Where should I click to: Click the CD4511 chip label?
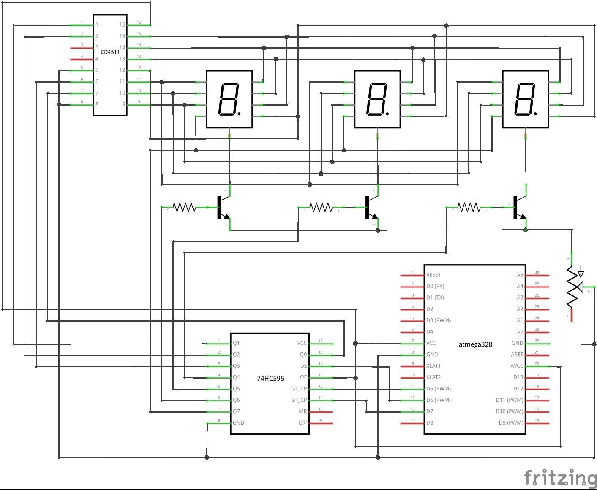point(110,52)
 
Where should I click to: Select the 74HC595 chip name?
point(270,379)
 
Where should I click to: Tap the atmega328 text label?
point(475,344)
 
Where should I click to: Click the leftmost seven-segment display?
point(229,99)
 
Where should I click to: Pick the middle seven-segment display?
point(377,99)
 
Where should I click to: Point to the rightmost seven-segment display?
point(525,99)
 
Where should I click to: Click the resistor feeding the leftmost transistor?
point(185,208)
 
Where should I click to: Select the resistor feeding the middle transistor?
point(321,208)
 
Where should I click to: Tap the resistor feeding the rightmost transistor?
point(469,208)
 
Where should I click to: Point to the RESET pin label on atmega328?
point(433,275)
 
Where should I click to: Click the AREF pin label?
point(517,355)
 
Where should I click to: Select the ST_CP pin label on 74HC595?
point(299,389)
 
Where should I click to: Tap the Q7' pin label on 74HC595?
point(303,423)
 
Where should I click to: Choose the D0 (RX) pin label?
point(435,286)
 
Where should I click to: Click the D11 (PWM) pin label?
point(509,400)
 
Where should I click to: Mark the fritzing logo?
point(560,478)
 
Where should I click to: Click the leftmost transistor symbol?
point(222,208)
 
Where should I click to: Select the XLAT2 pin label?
point(433,377)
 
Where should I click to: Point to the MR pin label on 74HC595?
point(303,411)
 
